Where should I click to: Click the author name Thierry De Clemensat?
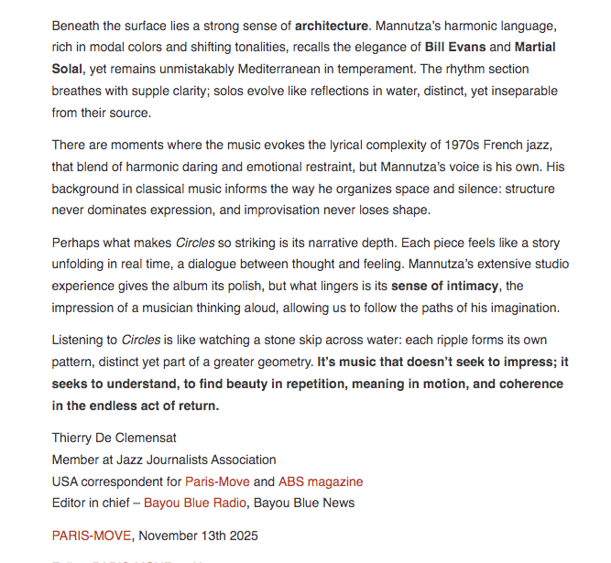(115, 438)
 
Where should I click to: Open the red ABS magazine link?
(321, 482)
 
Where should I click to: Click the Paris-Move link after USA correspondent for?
(217, 482)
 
